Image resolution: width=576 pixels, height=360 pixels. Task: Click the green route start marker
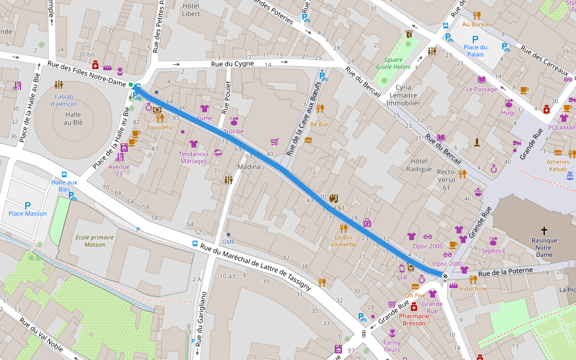click(x=131, y=85)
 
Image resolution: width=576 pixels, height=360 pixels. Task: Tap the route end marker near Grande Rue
click(x=444, y=276)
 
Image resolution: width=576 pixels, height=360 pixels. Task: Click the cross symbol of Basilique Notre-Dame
click(x=544, y=230)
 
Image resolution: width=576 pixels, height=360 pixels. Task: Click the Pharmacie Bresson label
click(x=413, y=319)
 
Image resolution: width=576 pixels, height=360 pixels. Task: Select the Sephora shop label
click(x=493, y=251)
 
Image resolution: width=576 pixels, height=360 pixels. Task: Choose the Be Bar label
click(x=319, y=124)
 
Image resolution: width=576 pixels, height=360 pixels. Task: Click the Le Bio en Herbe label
click(x=343, y=240)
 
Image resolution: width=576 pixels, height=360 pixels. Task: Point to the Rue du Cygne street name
click(x=232, y=64)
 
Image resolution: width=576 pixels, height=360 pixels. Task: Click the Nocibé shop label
click(x=234, y=130)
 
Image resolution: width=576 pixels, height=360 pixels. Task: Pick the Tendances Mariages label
click(x=193, y=157)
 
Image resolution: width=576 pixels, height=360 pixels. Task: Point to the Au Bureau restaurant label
click(x=477, y=24)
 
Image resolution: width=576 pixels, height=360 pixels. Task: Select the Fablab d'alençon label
click(x=65, y=100)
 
